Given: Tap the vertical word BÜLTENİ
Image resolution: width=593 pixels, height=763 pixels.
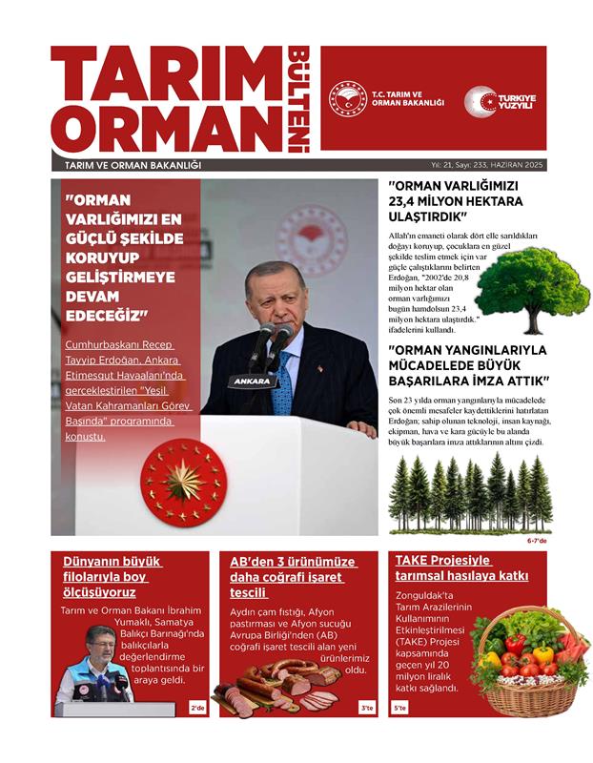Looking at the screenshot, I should [299, 99].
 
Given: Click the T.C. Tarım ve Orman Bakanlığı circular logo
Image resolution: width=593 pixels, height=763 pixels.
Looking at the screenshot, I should [348, 100].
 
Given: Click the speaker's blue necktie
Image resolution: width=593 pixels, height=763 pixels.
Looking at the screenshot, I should [282, 386].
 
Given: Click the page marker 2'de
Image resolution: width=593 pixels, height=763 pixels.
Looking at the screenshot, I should [198, 708].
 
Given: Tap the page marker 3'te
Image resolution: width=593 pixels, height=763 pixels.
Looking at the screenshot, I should [367, 708].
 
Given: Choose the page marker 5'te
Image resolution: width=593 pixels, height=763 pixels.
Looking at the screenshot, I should [399, 708].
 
